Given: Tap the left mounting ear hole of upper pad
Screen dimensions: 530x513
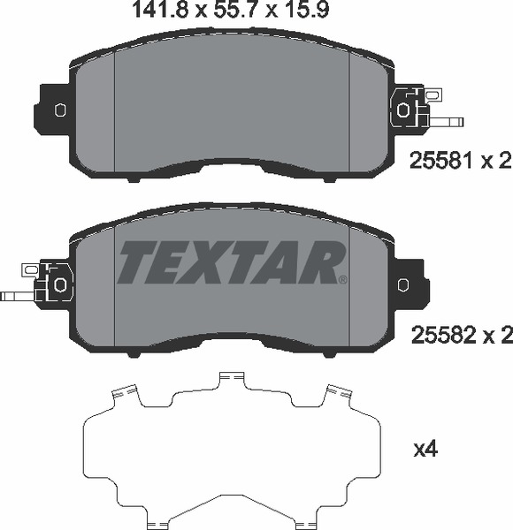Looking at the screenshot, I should pyautogui.click(x=60, y=110).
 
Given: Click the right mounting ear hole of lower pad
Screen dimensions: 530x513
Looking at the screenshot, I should pyautogui.click(x=404, y=284).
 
